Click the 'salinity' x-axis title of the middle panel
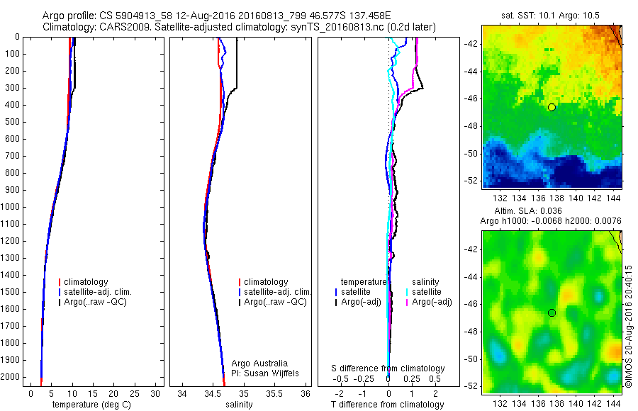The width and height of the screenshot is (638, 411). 237,405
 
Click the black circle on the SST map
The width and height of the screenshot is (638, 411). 552,107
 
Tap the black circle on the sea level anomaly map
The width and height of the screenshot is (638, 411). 552,313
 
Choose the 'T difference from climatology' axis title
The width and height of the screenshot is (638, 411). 388,405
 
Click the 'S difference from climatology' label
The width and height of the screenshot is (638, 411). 388,368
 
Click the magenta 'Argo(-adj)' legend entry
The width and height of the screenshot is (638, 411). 432,303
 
